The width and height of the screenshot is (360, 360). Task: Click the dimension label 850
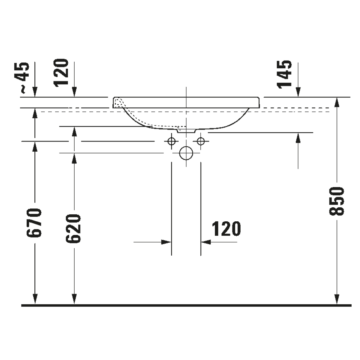point(337,201)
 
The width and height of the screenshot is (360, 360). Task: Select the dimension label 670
point(34,222)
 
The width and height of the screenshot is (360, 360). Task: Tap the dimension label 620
point(74,228)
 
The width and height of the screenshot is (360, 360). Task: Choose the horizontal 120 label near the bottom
point(226,229)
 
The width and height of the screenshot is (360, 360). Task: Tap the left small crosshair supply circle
point(172,141)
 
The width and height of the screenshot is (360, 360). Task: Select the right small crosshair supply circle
point(201,141)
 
